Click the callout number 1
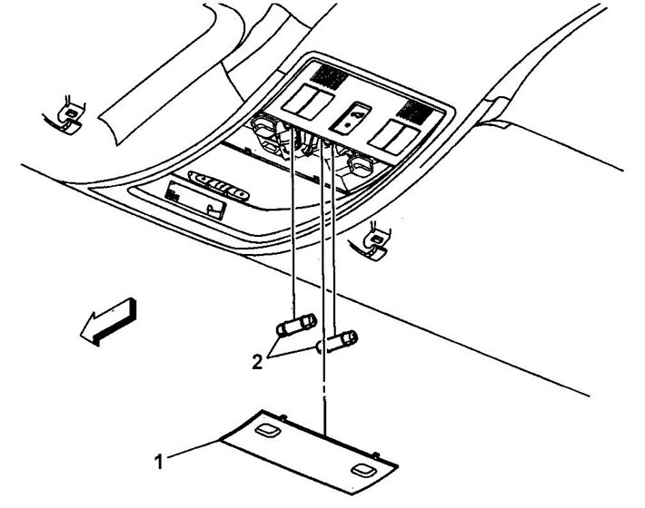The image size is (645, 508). tap(159, 461)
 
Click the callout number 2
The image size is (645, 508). tap(257, 362)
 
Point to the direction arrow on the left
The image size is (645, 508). tap(109, 321)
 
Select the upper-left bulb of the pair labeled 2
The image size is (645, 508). tap(296, 326)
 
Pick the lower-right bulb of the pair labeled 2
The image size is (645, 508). tap(337, 342)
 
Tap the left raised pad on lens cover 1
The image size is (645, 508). tap(266, 430)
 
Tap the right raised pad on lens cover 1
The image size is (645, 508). tap(363, 470)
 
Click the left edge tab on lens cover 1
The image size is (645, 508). tap(283, 417)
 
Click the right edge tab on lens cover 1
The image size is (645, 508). tap(375, 454)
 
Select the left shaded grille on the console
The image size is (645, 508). tap(329, 77)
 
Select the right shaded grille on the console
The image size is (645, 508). tap(416, 112)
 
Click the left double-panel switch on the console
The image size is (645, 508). tap(307, 102)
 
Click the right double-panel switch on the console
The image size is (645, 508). tap(393, 137)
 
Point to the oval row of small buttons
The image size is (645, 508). tap(218, 187)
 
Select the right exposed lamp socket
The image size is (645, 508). tap(360, 166)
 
